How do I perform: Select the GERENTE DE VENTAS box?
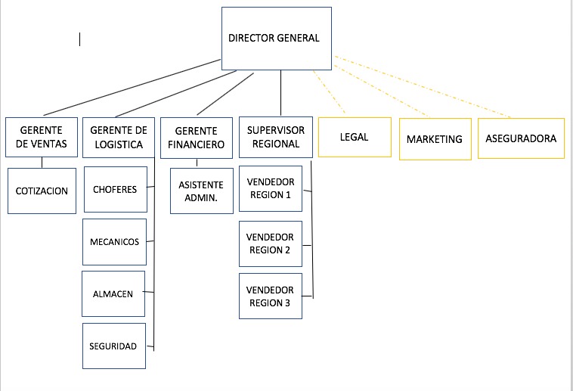[42, 137]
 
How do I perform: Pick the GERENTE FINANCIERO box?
[196, 138]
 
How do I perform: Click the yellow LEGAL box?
[355, 137]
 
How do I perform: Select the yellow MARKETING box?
[434, 138]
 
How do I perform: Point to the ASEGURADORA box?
[521, 138]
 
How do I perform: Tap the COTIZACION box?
[42, 191]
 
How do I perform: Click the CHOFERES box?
[115, 189]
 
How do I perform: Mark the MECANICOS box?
[114, 242]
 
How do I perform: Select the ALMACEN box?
[113, 293]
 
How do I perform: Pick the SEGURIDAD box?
[113, 346]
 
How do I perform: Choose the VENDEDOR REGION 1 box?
[270, 189]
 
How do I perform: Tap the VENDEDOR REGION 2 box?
[270, 244]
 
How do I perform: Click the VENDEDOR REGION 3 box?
[270, 296]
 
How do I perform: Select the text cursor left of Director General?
[80, 39]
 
